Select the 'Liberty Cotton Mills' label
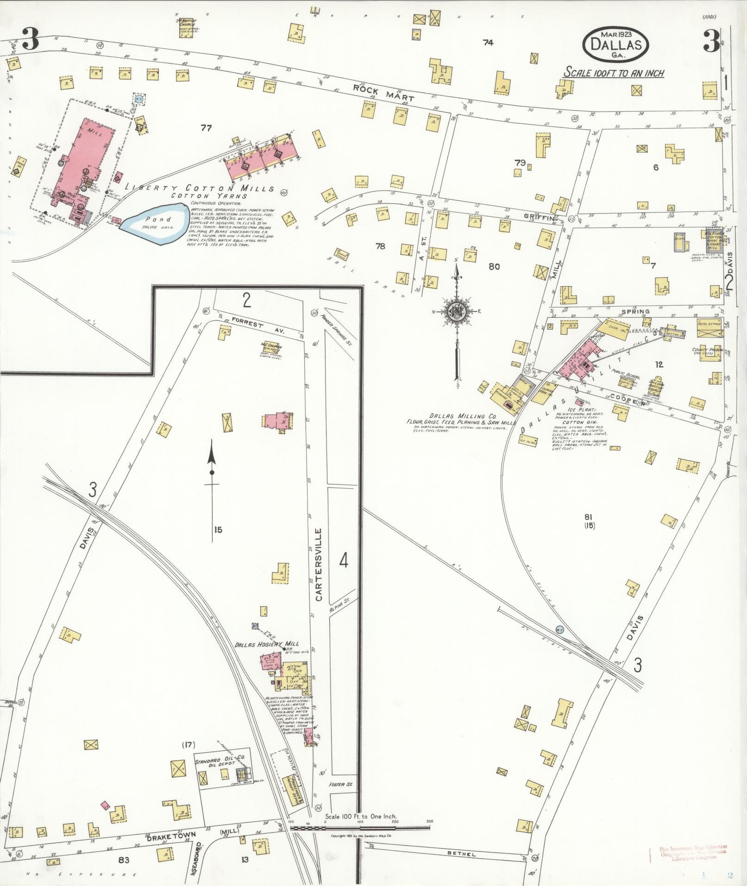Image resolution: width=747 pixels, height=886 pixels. tap(200, 189)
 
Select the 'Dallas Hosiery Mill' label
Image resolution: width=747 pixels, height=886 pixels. tap(266, 644)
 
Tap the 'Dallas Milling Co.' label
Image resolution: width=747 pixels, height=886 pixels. tap(457, 415)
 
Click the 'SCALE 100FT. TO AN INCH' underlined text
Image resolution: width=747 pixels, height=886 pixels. tap(614, 73)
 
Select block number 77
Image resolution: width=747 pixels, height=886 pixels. tap(206, 128)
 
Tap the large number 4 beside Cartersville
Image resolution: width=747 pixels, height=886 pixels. tap(344, 562)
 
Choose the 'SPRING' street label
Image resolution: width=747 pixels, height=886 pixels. tap(636, 312)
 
